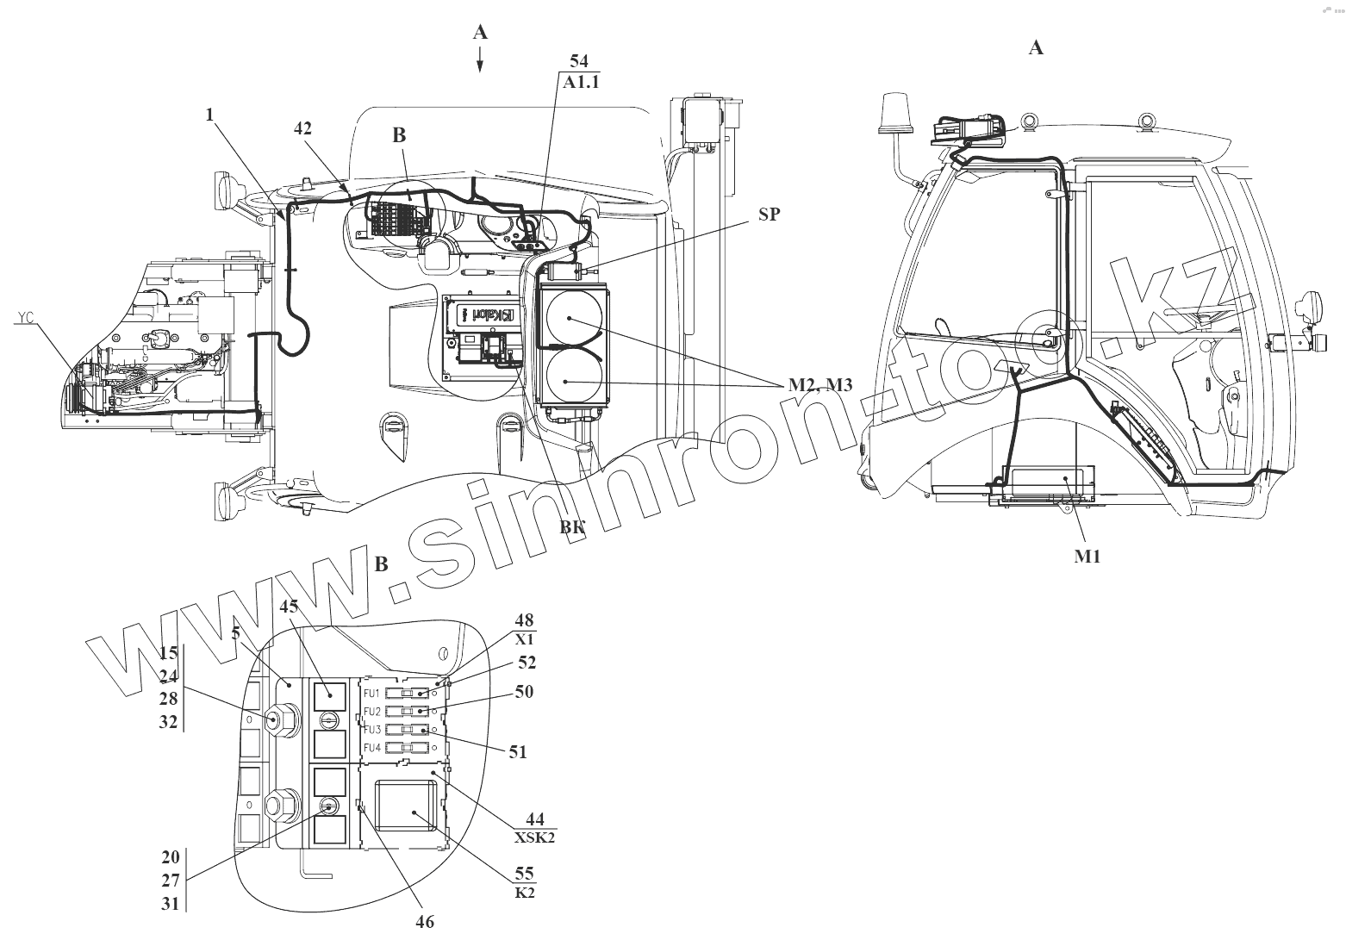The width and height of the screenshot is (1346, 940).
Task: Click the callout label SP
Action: [769, 215]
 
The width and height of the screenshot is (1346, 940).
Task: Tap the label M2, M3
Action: [819, 385]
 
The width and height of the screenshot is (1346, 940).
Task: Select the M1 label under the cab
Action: [1087, 557]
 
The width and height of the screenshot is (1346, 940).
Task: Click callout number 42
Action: [302, 128]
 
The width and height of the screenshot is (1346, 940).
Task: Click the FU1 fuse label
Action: [372, 694]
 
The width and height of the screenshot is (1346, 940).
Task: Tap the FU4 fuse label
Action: [372, 747]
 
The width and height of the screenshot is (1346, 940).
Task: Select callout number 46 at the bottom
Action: [424, 921]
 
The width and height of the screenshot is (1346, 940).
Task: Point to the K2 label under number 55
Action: [525, 893]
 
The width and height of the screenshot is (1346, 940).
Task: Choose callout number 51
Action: [517, 751]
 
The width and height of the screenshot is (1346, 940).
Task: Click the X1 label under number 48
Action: [525, 640]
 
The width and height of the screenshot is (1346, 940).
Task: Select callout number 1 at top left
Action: [209, 113]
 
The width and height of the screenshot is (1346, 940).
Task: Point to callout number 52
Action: [527, 662]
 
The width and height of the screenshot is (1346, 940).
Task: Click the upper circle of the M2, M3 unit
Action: [570, 318]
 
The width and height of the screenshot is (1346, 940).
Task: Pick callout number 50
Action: [524, 691]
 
